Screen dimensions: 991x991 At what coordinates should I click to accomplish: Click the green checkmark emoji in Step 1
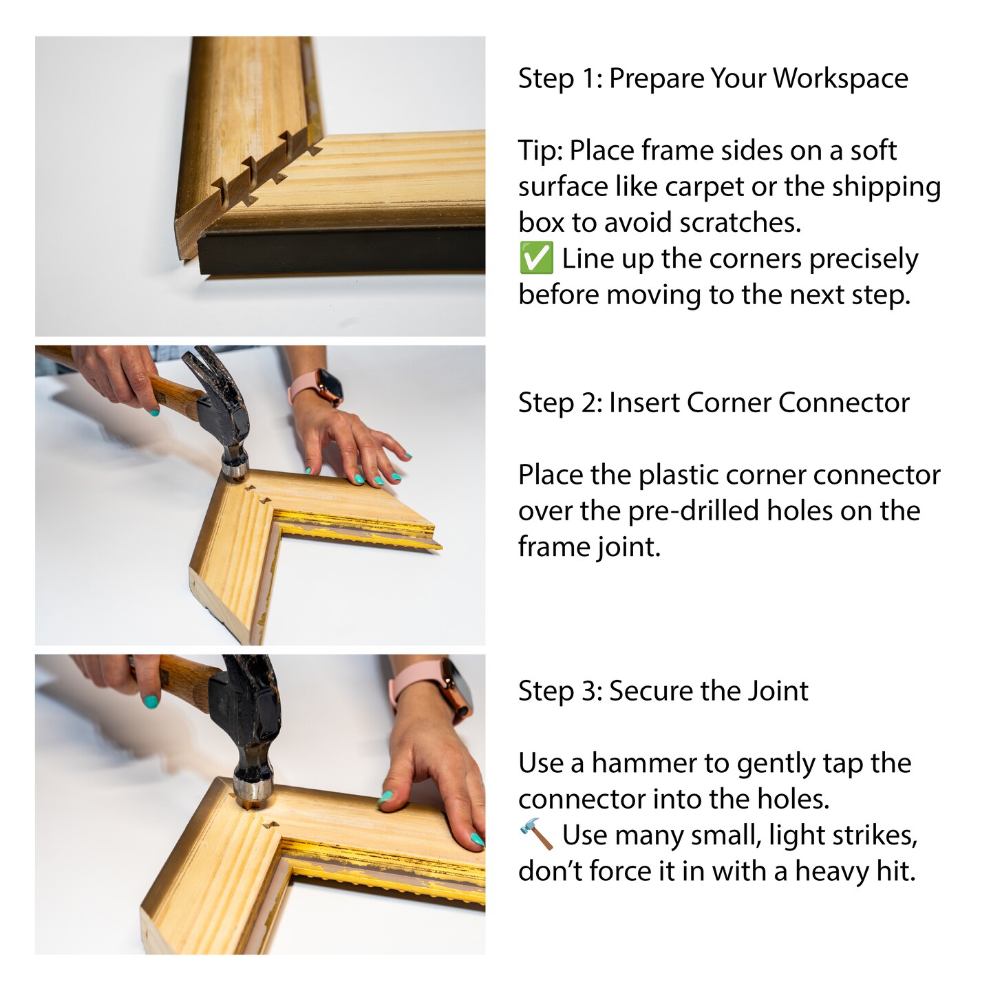[x=536, y=258]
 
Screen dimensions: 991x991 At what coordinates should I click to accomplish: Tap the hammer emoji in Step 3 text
[x=536, y=834]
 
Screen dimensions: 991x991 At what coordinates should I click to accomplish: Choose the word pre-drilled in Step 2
[x=697, y=512]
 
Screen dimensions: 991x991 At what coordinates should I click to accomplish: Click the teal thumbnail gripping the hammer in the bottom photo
[x=151, y=701]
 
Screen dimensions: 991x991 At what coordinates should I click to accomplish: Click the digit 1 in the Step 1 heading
[x=591, y=78]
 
